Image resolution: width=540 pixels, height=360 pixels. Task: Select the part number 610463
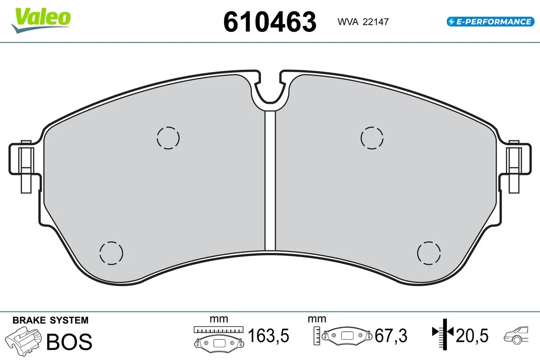(x=270, y=22)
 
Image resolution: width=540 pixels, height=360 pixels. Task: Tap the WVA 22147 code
(x=360, y=22)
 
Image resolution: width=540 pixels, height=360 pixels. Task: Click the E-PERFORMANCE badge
(x=489, y=21)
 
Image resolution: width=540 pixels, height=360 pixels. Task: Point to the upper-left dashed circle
(x=168, y=137)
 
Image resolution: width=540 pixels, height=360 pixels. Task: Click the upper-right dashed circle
(x=373, y=137)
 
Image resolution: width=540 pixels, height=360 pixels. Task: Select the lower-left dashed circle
(x=111, y=252)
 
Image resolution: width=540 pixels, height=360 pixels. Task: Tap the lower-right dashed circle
(x=429, y=252)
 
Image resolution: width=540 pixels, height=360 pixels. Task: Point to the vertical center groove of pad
(x=270, y=180)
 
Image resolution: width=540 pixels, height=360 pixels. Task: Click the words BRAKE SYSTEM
(x=50, y=320)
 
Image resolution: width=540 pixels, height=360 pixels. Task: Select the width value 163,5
(x=268, y=335)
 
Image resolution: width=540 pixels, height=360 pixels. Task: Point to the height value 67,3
(x=391, y=335)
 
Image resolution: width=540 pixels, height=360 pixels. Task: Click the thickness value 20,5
(x=472, y=335)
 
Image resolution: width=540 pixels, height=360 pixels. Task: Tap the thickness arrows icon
(x=443, y=333)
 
